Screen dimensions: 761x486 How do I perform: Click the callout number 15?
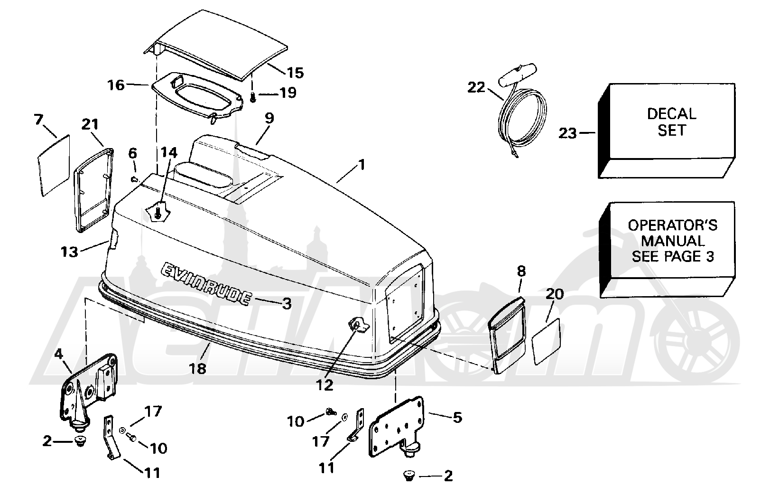coord(295,73)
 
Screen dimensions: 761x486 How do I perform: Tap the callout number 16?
coord(116,85)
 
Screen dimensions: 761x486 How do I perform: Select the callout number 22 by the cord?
coord(476,87)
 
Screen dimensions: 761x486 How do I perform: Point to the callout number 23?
coord(568,133)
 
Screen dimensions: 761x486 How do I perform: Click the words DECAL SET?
coord(672,122)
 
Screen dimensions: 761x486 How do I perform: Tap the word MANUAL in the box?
coord(673,241)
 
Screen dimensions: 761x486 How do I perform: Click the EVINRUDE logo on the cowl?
coord(206,284)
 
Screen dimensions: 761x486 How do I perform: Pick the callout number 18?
coord(197,368)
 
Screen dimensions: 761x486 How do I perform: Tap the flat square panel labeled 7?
coord(53,166)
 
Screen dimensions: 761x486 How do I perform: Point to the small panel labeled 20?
coord(546,342)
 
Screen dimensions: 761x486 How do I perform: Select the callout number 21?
coord(90,124)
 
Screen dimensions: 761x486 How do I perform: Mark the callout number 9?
coord(269,118)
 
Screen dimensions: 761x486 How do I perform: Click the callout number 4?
coord(58,355)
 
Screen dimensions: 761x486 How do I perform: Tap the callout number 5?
coord(458,418)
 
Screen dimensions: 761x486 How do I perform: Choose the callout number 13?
coord(69,252)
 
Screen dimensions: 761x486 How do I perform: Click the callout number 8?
coord(521,271)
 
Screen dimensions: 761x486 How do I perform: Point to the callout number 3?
coord(287,303)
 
